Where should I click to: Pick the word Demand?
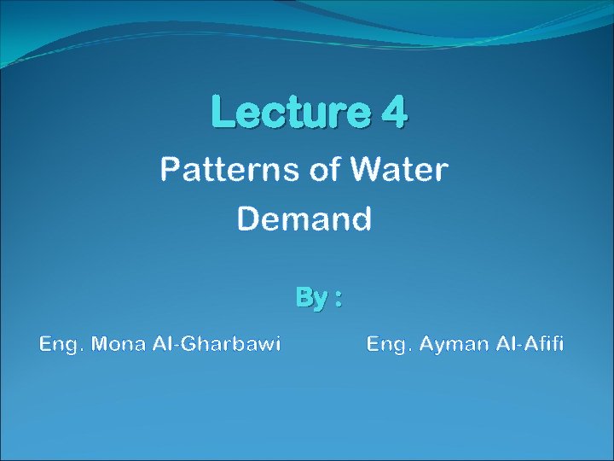pos(304,219)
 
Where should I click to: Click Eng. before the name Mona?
pos(61,345)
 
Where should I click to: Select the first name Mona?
pos(120,344)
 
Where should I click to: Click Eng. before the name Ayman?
pos(387,345)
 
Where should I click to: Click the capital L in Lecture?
pos(222,112)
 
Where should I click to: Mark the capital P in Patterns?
pos(170,170)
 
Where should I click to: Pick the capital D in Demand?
pos(248,219)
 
